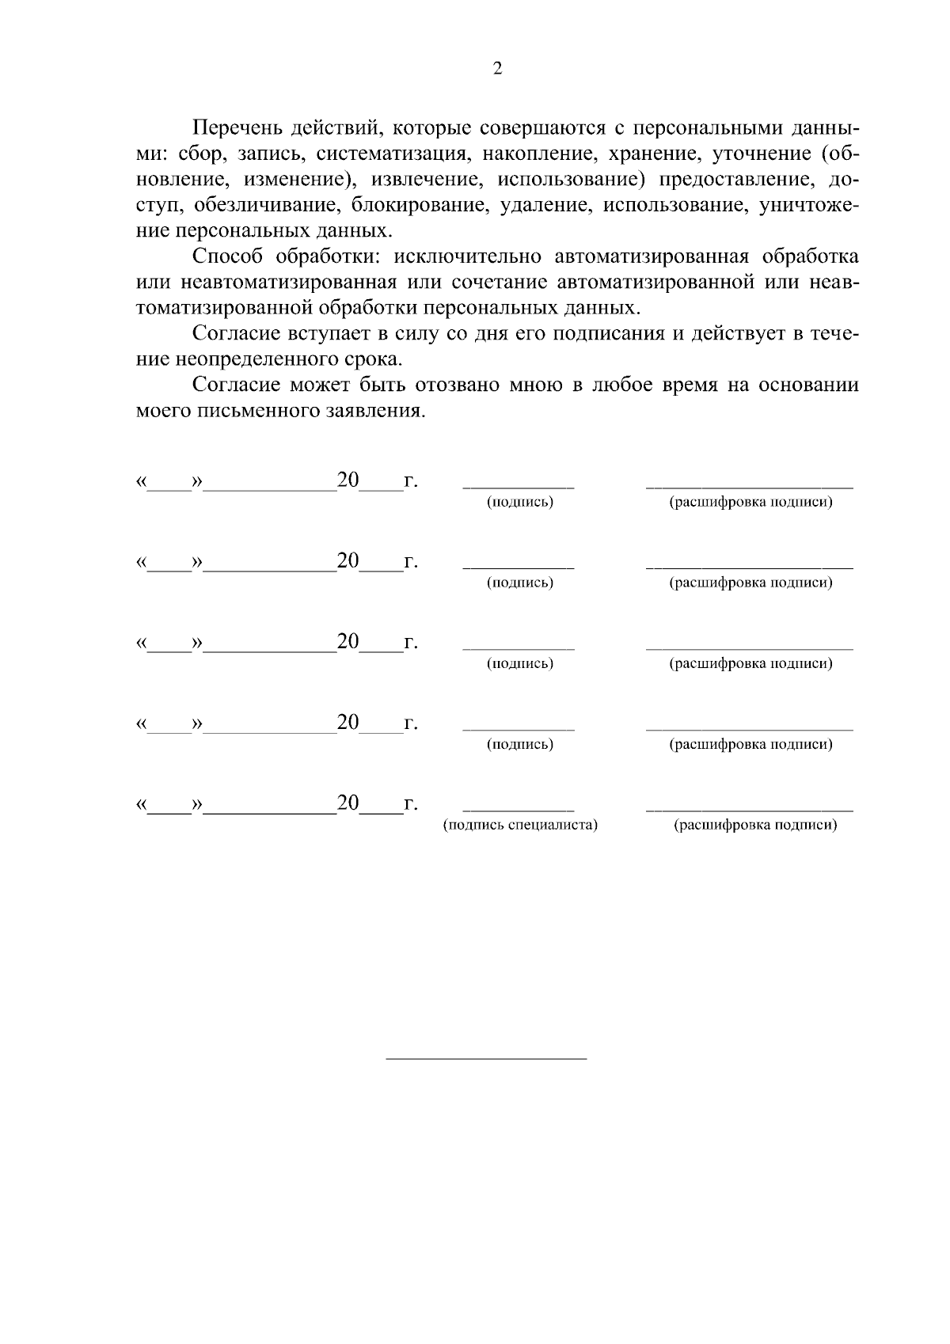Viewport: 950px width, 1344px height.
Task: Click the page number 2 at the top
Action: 497,69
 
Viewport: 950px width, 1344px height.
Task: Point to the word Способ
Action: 230,257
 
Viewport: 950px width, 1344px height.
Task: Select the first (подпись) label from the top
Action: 520,503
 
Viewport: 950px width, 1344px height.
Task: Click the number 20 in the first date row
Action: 348,480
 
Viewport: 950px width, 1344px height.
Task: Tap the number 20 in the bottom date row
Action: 348,803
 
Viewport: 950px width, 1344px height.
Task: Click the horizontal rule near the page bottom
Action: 486,1059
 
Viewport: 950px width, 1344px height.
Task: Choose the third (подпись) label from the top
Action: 520,664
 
